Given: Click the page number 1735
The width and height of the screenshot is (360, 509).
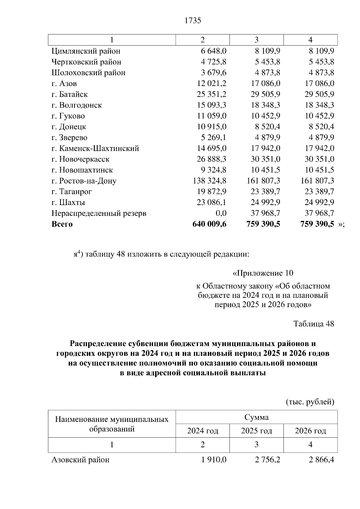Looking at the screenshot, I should click(x=193, y=21).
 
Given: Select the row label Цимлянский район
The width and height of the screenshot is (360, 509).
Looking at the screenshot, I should click(x=86, y=51).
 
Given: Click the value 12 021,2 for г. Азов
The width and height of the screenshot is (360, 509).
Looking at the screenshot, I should click(x=211, y=84).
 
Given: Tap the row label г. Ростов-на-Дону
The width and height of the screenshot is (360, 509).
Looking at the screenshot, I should click(x=84, y=181).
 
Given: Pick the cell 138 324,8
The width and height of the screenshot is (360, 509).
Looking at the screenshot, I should click(x=209, y=181).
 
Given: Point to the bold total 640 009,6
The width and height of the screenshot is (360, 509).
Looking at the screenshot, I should click(x=209, y=224).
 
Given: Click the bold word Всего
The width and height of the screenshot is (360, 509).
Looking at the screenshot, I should click(x=62, y=224).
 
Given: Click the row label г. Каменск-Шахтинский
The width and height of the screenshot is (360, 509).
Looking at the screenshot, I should click(x=95, y=148).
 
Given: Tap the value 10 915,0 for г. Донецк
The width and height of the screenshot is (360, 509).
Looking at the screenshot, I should click(x=211, y=127).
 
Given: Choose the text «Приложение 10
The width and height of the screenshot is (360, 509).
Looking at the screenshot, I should click(x=263, y=273).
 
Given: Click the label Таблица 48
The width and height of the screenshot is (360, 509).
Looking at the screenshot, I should click(x=313, y=324).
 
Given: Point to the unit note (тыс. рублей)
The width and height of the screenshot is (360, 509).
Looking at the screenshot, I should click(x=310, y=402).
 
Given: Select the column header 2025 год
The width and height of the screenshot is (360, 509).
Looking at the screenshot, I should click(x=256, y=431).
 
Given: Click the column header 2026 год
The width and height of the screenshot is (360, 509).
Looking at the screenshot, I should click(x=310, y=431).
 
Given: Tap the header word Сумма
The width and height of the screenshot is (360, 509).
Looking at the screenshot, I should click(x=256, y=417).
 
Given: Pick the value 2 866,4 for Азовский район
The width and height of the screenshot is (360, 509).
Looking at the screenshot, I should click(x=321, y=460).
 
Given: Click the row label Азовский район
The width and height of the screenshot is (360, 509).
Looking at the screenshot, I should click(x=80, y=460).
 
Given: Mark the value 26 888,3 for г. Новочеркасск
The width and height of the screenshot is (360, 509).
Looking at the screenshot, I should click(x=211, y=159).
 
